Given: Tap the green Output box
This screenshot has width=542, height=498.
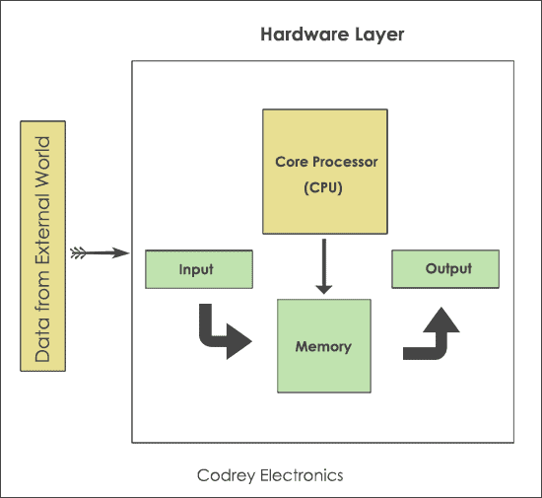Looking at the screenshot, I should click(445, 268).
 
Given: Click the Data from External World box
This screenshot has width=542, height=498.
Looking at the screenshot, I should click(43, 247).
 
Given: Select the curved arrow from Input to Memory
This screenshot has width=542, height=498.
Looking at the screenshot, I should click(222, 332).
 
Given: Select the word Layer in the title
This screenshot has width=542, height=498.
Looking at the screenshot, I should click(380, 35).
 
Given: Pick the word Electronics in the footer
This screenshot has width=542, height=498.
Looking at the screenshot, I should click(298, 475).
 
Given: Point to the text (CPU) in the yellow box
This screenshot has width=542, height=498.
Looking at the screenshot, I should click(325, 185).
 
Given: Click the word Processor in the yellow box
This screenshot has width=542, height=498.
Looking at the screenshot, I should click(346, 161).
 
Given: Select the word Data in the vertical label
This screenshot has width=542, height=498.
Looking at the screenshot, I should click(43, 341).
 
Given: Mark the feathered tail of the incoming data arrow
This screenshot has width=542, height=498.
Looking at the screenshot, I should click(79, 253).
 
